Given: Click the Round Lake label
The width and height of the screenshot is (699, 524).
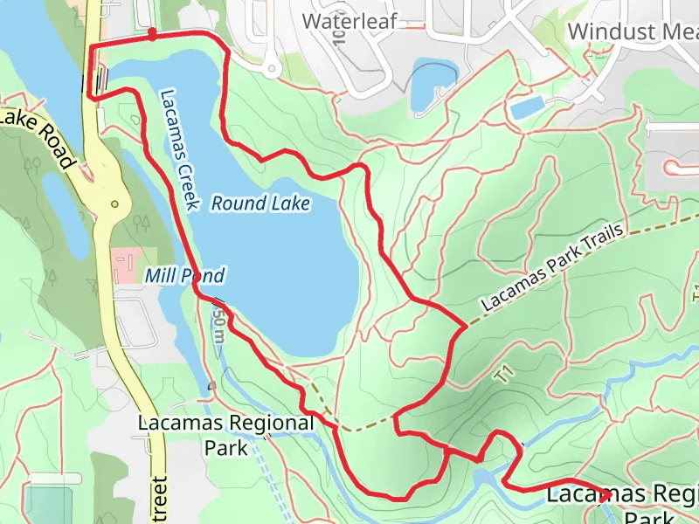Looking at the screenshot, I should click(260, 203).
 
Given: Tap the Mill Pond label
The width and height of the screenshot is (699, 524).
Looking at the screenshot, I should click(184, 276).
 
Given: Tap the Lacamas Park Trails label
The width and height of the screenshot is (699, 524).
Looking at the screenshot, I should click(552, 267).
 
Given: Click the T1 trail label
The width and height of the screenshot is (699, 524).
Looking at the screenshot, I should click(502, 374).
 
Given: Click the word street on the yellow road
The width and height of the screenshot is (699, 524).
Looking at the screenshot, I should click(158, 496).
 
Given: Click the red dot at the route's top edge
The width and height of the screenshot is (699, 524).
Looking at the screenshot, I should click(153, 35).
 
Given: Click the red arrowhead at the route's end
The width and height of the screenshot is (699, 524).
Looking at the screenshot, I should click(605, 495).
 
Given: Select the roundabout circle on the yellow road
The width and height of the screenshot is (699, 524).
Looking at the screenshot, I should click(114, 204).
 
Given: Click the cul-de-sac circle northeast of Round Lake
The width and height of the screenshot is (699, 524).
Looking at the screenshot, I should click(272, 67).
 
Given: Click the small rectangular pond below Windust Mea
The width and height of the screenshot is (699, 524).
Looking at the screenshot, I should click(527, 108).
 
